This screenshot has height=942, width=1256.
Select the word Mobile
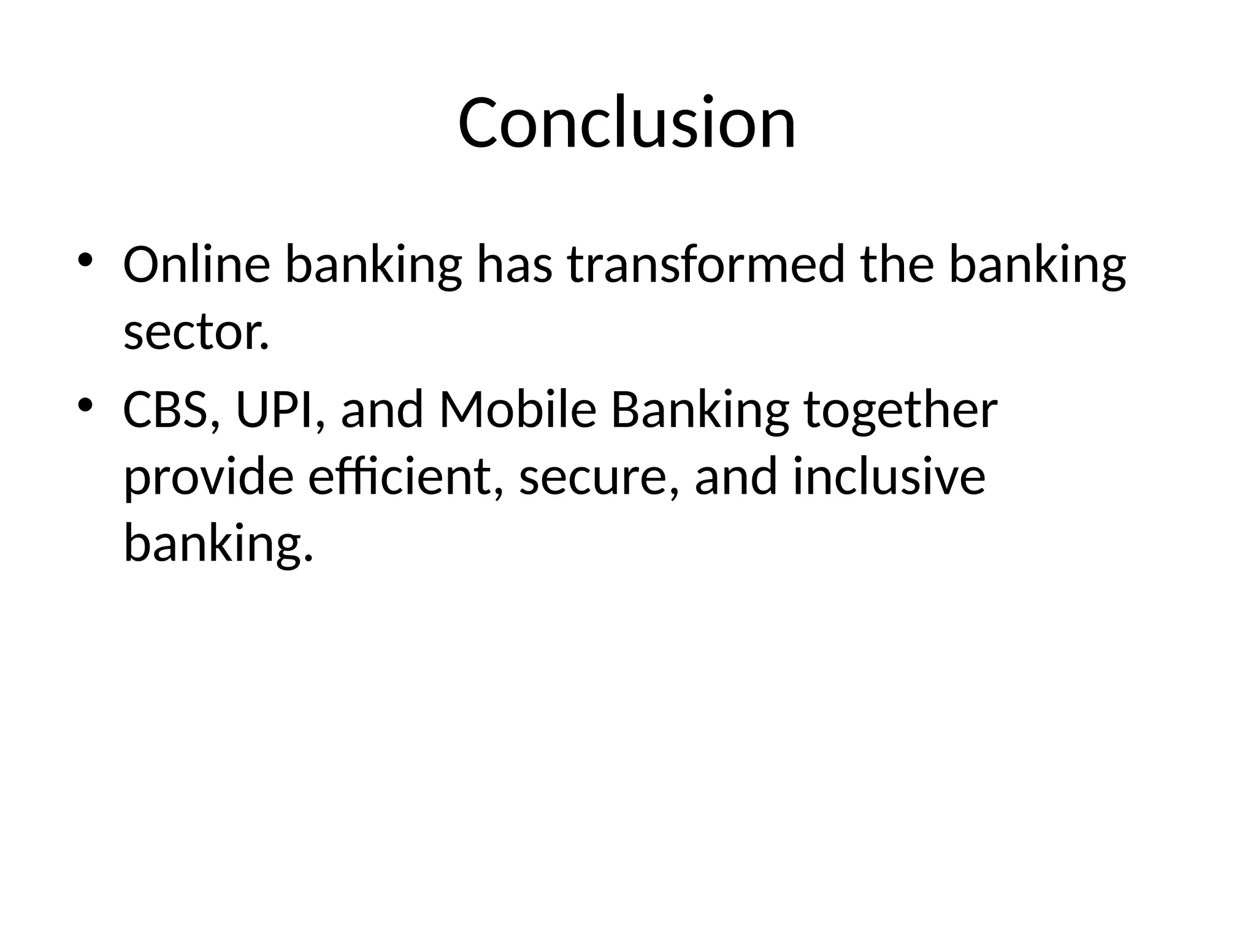pyautogui.click(x=518, y=410)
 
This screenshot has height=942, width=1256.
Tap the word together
pyautogui.click(x=900, y=410)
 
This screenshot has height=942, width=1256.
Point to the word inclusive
pyautogui.click(x=889, y=477)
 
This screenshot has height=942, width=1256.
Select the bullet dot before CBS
pyautogui.click(x=85, y=405)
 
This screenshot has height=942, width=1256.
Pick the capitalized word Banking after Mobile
pyautogui.click(x=700, y=410)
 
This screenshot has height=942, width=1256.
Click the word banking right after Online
pyautogui.click(x=373, y=264)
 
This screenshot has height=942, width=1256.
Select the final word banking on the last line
pyautogui.click(x=218, y=544)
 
